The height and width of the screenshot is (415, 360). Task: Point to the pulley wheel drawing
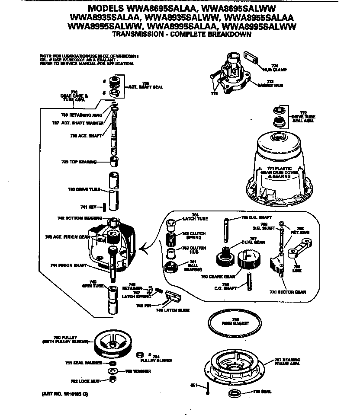click(x=112, y=343)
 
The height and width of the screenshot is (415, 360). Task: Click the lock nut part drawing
click(x=113, y=380)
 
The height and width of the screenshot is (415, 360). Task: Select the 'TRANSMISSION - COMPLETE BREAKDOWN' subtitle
click(x=182, y=34)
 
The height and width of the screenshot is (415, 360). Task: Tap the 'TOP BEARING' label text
click(x=78, y=162)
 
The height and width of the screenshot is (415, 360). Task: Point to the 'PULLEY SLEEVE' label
click(x=156, y=360)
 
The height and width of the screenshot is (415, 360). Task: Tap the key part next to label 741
click(x=104, y=206)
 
